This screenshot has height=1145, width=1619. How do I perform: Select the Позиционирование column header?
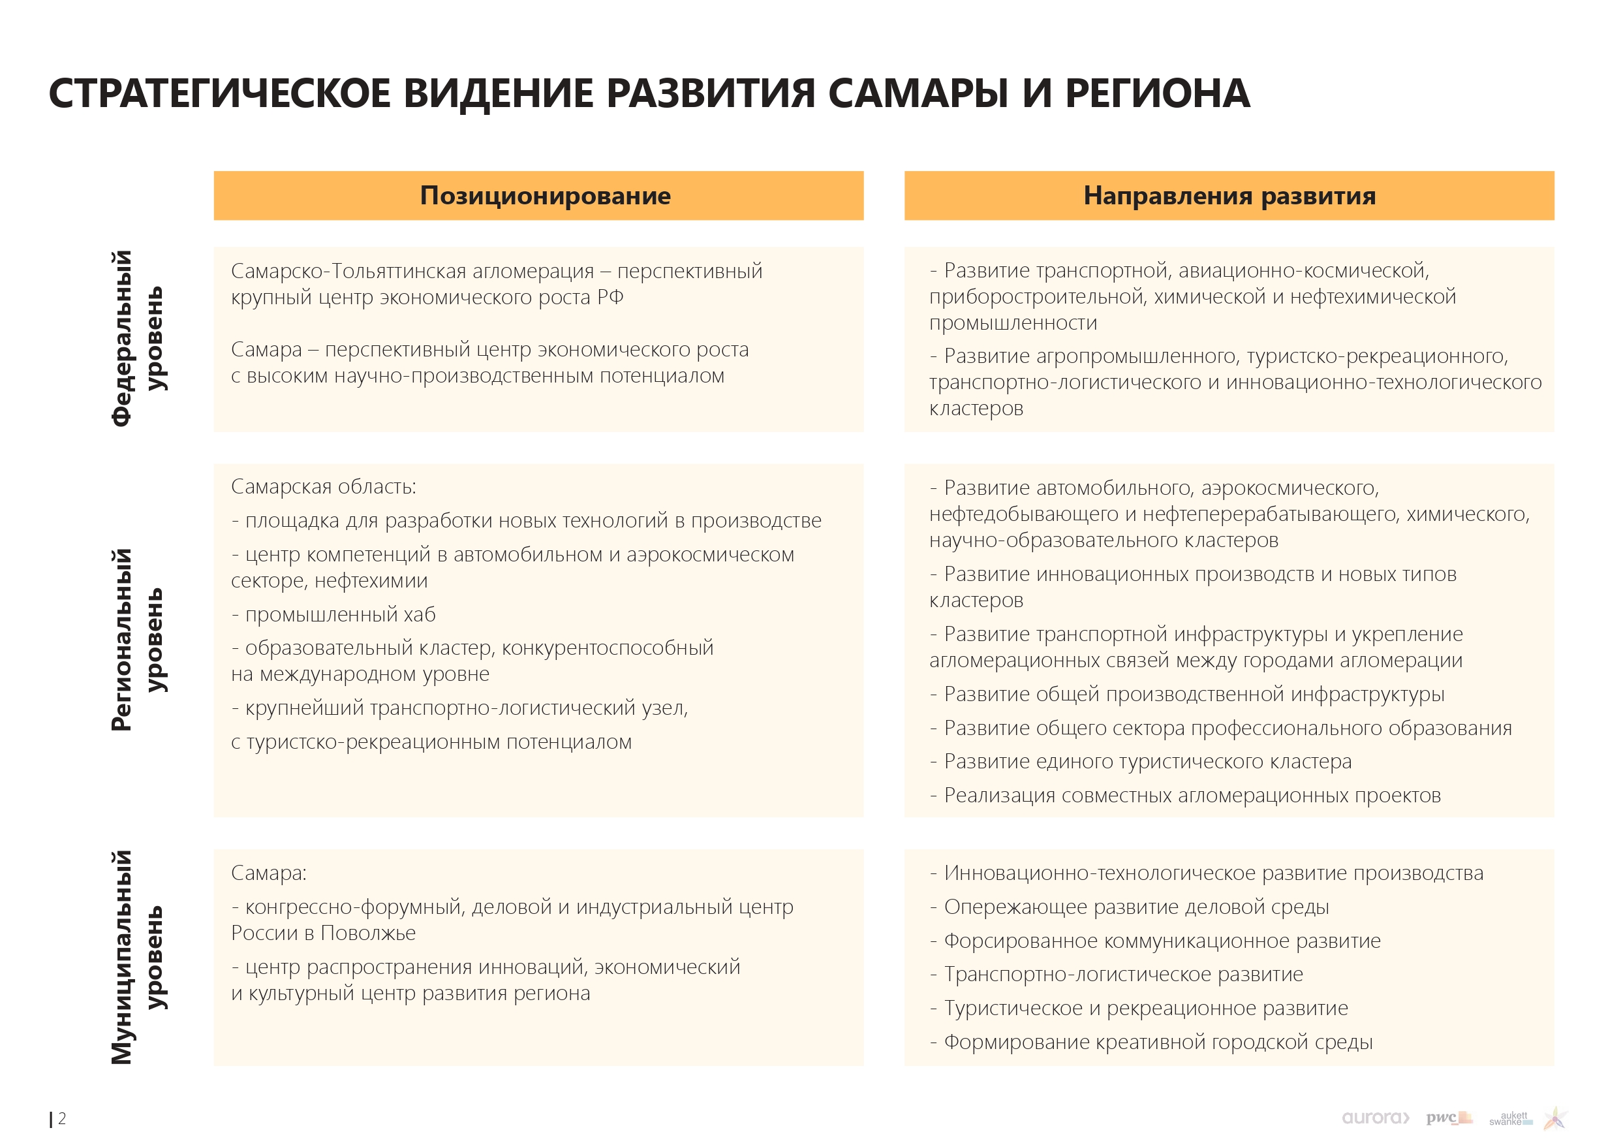[x=545, y=195]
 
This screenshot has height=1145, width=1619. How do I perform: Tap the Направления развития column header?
[x=1229, y=195]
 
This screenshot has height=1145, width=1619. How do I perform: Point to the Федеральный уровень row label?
[x=138, y=339]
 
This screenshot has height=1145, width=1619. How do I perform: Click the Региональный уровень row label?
[x=138, y=640]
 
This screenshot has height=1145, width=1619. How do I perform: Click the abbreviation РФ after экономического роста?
[x=610, y=297]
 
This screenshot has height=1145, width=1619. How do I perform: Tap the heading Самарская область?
[x=324, y=487]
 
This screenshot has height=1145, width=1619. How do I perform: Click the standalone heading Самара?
[x=269, y=873]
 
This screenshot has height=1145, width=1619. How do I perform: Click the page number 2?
[x=62, y=1118]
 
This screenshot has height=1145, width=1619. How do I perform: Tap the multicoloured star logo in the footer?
[x=1556, y=1118]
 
